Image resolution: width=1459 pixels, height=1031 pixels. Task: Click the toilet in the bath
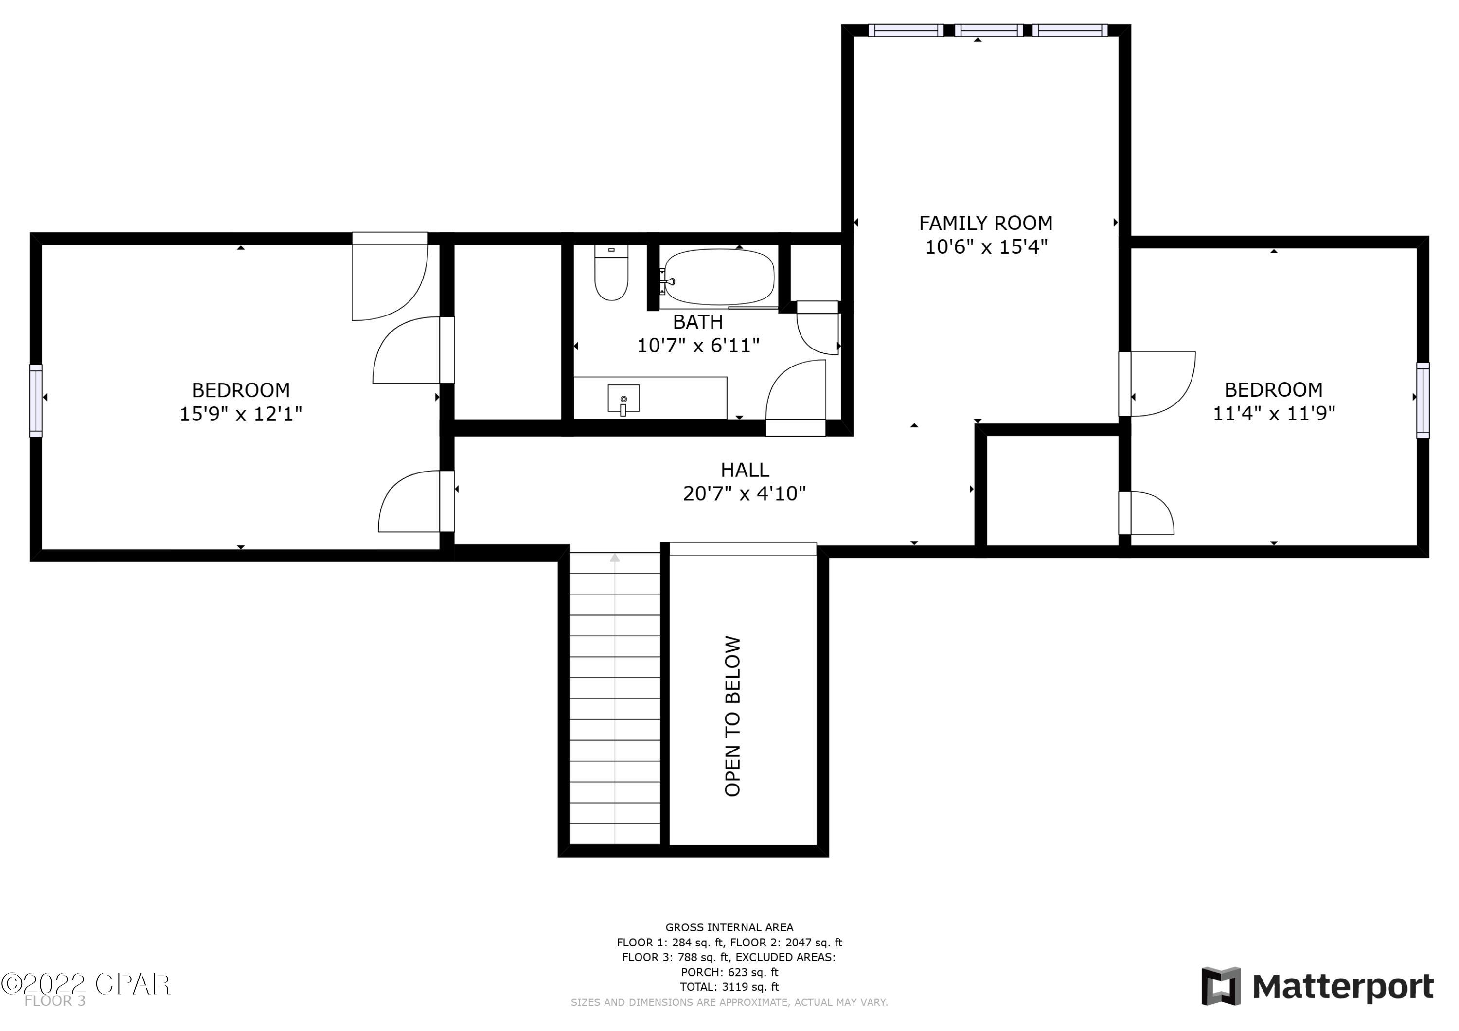coord(611,273)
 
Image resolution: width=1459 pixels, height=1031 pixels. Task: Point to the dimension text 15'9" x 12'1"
coord(240,414)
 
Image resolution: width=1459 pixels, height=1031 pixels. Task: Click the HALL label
coord(744,470)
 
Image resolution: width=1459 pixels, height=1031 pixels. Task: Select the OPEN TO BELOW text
coord(732,716)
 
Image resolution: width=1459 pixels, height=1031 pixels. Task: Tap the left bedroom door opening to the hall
coord(413,502)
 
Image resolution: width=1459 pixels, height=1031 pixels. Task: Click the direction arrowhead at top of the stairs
coord(615,558)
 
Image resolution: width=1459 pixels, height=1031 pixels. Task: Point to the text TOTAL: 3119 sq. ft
coord(729,987)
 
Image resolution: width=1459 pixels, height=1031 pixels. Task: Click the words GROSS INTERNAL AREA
coord(729,927)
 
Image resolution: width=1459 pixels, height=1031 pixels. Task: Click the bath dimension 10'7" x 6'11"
coord(698,346)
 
